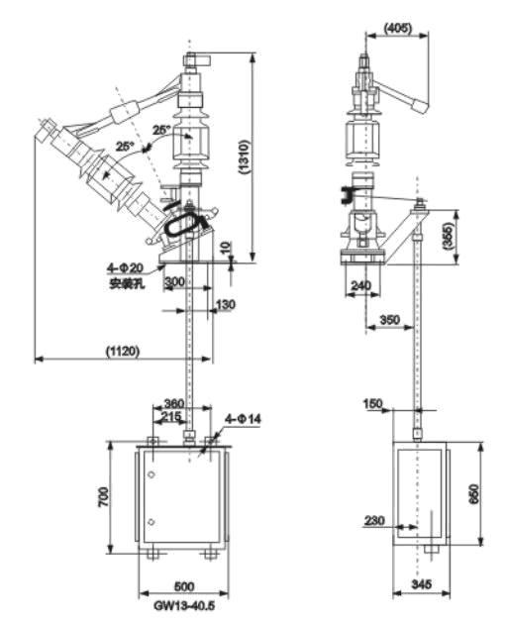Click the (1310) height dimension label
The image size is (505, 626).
(245, 156)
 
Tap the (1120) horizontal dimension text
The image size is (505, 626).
(123, 351)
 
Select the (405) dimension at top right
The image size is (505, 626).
(398, 28)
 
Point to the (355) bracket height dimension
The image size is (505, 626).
(450, 237)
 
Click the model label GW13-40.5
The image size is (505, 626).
(184, 605)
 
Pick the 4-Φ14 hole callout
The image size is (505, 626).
(243, 419)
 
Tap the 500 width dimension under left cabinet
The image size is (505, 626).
(184, 586)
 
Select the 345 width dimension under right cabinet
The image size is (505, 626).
(422, 584)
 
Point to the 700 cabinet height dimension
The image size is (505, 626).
(103, 497)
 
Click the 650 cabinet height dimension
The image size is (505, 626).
(474, 494)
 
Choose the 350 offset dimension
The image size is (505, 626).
(389, 319)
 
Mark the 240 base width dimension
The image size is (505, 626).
(360, 285)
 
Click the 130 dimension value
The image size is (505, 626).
(225, 305)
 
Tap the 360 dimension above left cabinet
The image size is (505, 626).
(174, 403)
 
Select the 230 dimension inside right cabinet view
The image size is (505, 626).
(374, 520)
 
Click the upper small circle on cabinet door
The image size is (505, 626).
(151, 474)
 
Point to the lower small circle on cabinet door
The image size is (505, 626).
(151, 522)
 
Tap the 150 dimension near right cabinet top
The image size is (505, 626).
(372, 403)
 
